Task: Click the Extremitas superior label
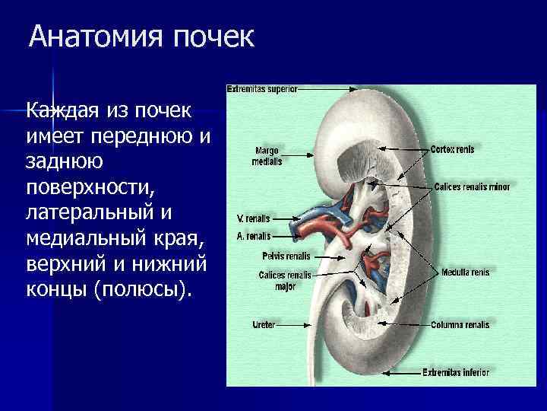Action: pos(261,88)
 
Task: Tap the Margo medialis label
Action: pos(267,156)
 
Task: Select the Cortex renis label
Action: pos(452,150)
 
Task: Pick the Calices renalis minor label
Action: pos(472,186)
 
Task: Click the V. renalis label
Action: pos(253,218)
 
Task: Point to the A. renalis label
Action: pos(253,236)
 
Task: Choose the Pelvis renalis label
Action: pos(283,256)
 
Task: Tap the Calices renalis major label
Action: pos(284,280)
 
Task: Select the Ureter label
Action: pos(263,324)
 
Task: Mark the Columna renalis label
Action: pos(460,325)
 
